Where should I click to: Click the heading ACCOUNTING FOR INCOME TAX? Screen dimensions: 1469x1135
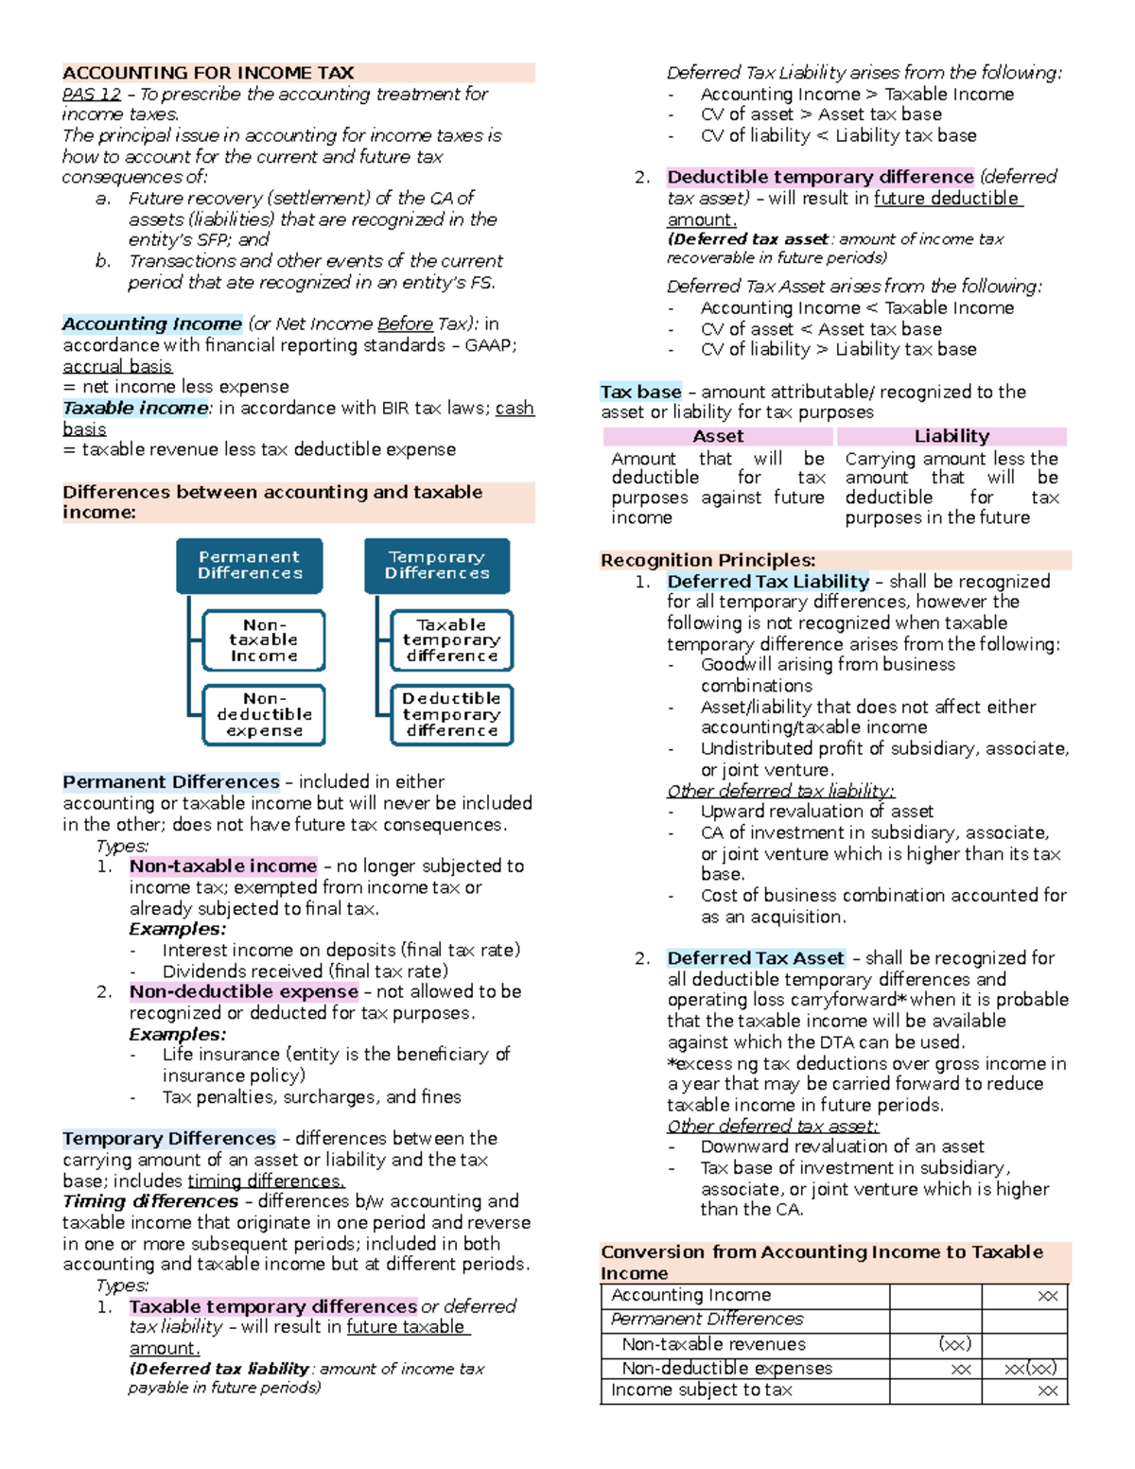pyautogui.click(x=208, y=73)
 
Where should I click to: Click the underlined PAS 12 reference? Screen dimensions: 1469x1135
pyautogui.click(x=92, y=94)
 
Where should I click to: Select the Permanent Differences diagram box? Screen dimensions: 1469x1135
pyautogui.click(x=250, y=565)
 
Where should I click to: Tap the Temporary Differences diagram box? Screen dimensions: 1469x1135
pyautogui.click(x=437, y=565)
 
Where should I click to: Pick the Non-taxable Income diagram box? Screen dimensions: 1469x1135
pyautogui.click(x=264, y=640)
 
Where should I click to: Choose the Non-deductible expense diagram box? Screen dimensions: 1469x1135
pyautogui.click(x=264, y=714)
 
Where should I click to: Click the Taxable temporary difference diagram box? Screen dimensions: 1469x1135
pyautogui.click(x=451, y=640)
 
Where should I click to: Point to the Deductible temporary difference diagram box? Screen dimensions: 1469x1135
pyautogui.click(x=451, y=714)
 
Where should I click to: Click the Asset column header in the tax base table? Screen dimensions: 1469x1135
pyautogui.click(x=718, y=436)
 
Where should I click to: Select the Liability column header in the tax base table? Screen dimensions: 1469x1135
pyautogui.click(x=952, y=436)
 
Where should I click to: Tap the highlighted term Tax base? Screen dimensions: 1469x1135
pyautogui.click(x=640, y=392)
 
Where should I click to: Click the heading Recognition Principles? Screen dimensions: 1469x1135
pyautogui.click(x=707, y=560)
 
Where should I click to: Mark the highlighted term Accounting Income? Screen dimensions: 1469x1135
pyautogui.click(x=152, y=324)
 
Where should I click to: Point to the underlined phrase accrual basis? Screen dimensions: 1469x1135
pyautogui.click(x=117, y=366)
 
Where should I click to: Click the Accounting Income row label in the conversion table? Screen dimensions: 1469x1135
pyautogui.click(x=690, y=1295)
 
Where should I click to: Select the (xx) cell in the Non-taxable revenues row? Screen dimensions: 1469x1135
pyautogui.click(x=954, y=1344)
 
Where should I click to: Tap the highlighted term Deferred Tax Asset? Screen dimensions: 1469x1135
pyautogui.click(x=756, y=958)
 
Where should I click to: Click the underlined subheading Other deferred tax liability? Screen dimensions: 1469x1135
pyautogui.click(x=780, y=791)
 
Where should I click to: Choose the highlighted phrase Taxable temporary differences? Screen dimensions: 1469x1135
pyautogui.click(x=272, y=1306)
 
